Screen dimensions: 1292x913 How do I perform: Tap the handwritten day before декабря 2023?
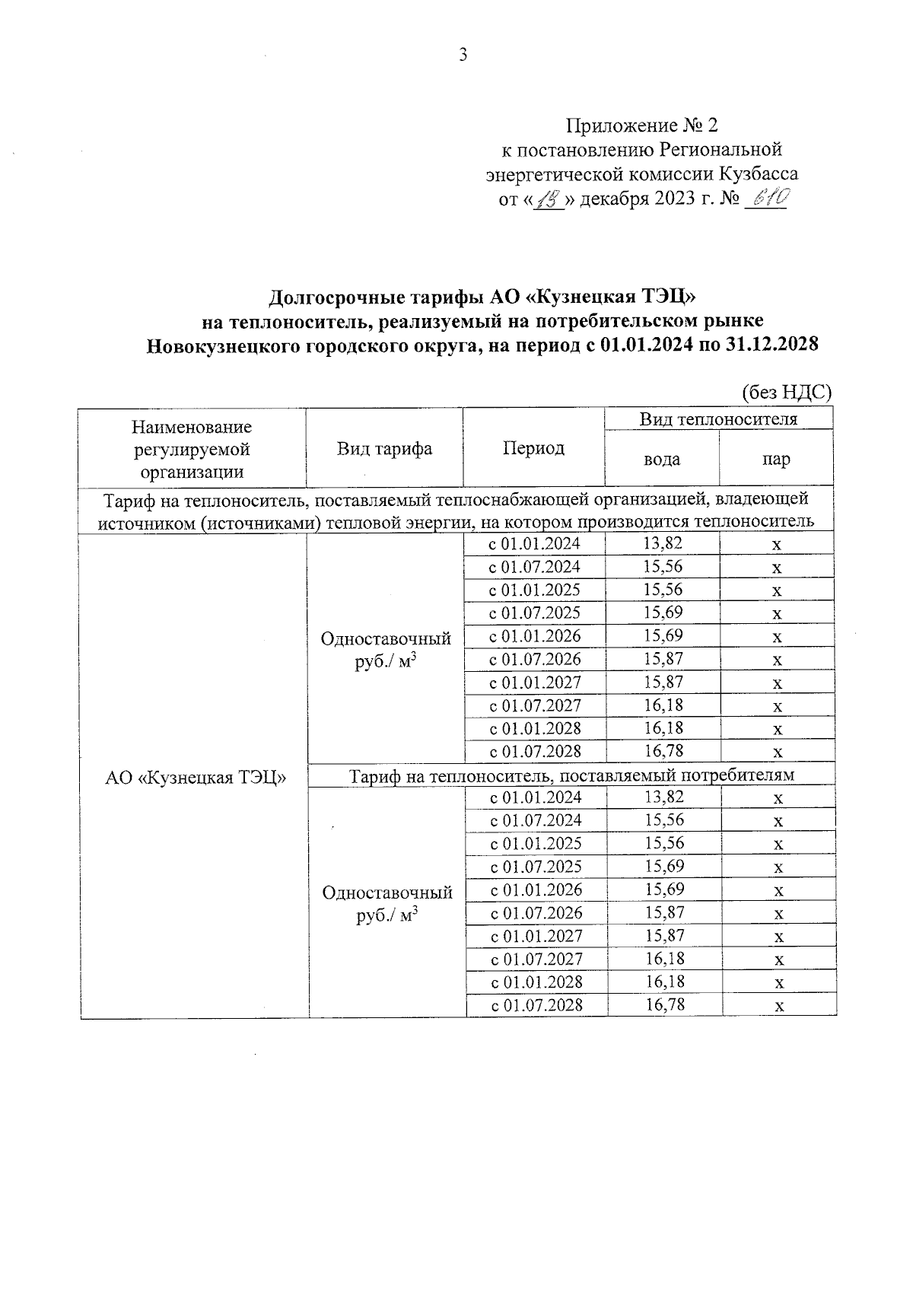[x=546, y=199]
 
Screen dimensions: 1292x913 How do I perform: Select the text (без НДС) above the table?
[x=787, y=393]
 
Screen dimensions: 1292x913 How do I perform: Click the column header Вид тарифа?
[x=384, y=448]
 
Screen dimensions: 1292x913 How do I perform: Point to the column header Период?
[x=533, y=448]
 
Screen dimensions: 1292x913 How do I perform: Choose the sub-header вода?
[x=662, y=460]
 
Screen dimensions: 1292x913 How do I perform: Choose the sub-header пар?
[x=776, y=460]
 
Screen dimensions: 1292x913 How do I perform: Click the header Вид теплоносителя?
[x=718, y=419]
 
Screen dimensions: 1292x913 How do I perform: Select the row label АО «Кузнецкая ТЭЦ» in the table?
[x=195, y=777]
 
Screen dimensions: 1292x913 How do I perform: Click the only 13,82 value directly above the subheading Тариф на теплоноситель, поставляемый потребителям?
[x=663, y=543]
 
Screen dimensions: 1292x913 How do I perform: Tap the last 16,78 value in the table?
[x=665, y=1005]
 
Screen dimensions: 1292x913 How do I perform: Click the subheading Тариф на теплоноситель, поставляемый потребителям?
[x=571, y=775]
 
